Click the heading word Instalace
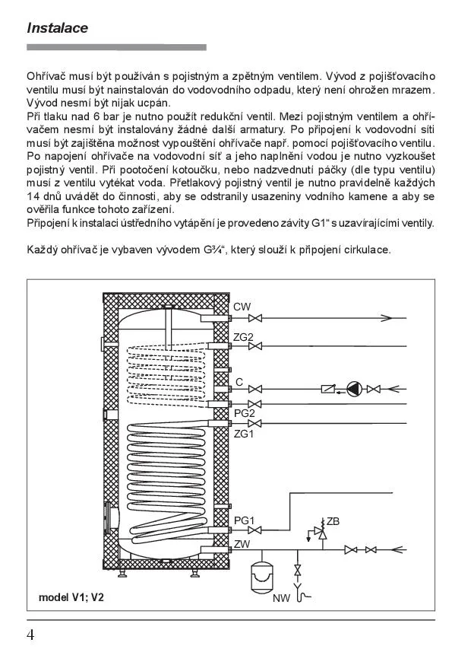pos(57,28)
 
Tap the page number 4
pos(30,635)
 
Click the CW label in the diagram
pos(242,307)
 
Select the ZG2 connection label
pos(244,337)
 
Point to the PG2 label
pos(244,412)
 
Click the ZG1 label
pos(244,434)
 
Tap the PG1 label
pos(244,520)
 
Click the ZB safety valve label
pos(333,521)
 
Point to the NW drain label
pos(282,598)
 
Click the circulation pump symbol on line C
pos(354,389)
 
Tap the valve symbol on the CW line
pos(257,317)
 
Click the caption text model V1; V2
pos(71,597)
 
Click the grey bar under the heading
pos(116,47)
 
